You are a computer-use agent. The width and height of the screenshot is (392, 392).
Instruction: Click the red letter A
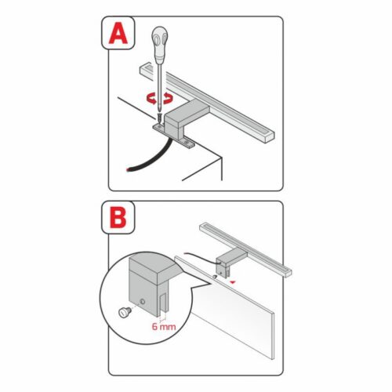118,33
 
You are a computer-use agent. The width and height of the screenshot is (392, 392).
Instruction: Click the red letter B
118,218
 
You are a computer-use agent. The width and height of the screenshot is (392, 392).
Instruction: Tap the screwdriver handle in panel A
160,45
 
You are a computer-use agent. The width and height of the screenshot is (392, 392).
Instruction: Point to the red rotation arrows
158,99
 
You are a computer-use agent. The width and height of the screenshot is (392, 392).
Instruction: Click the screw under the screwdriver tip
160,118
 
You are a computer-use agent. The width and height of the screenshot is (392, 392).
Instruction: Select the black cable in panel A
149,158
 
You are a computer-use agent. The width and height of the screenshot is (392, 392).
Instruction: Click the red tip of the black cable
128,170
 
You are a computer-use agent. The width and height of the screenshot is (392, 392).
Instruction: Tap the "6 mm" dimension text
164,327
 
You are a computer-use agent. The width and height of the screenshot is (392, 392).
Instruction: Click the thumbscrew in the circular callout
123,312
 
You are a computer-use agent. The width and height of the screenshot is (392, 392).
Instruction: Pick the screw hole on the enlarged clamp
143,302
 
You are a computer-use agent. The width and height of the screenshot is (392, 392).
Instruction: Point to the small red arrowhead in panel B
232,282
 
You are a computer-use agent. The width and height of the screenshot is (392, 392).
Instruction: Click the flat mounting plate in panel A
174,136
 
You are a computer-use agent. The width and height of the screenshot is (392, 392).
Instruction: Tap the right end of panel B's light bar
288,272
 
